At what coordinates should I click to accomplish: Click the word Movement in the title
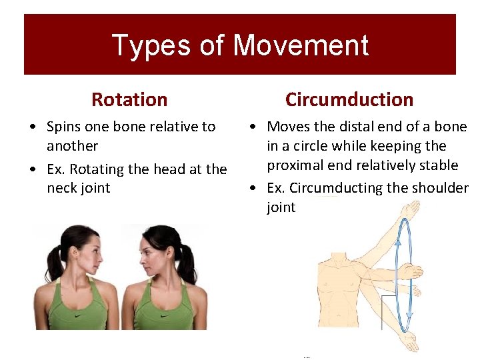301,45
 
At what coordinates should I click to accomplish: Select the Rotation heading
129,99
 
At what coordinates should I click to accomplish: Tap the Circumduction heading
349,99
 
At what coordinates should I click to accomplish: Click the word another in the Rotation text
72,146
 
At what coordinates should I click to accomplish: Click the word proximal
295,165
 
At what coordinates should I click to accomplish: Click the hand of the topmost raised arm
412,209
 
